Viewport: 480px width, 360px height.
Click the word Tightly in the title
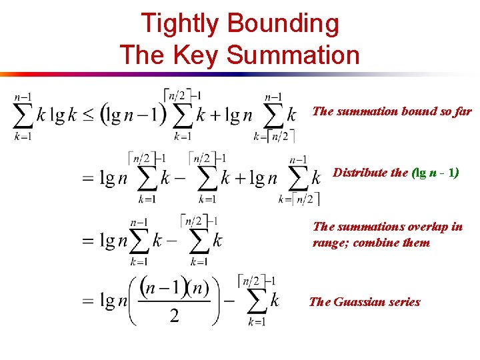click(x=180, y=24)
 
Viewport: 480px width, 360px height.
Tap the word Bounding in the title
click(x=283, y=24)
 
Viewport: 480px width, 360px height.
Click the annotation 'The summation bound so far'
click(x=391, y=111)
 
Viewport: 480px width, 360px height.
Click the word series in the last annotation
click(x=403, y=302)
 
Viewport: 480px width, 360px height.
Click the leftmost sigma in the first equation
click(x=23, y=115)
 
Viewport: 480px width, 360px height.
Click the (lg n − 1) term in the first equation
click(x=133, y=115)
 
